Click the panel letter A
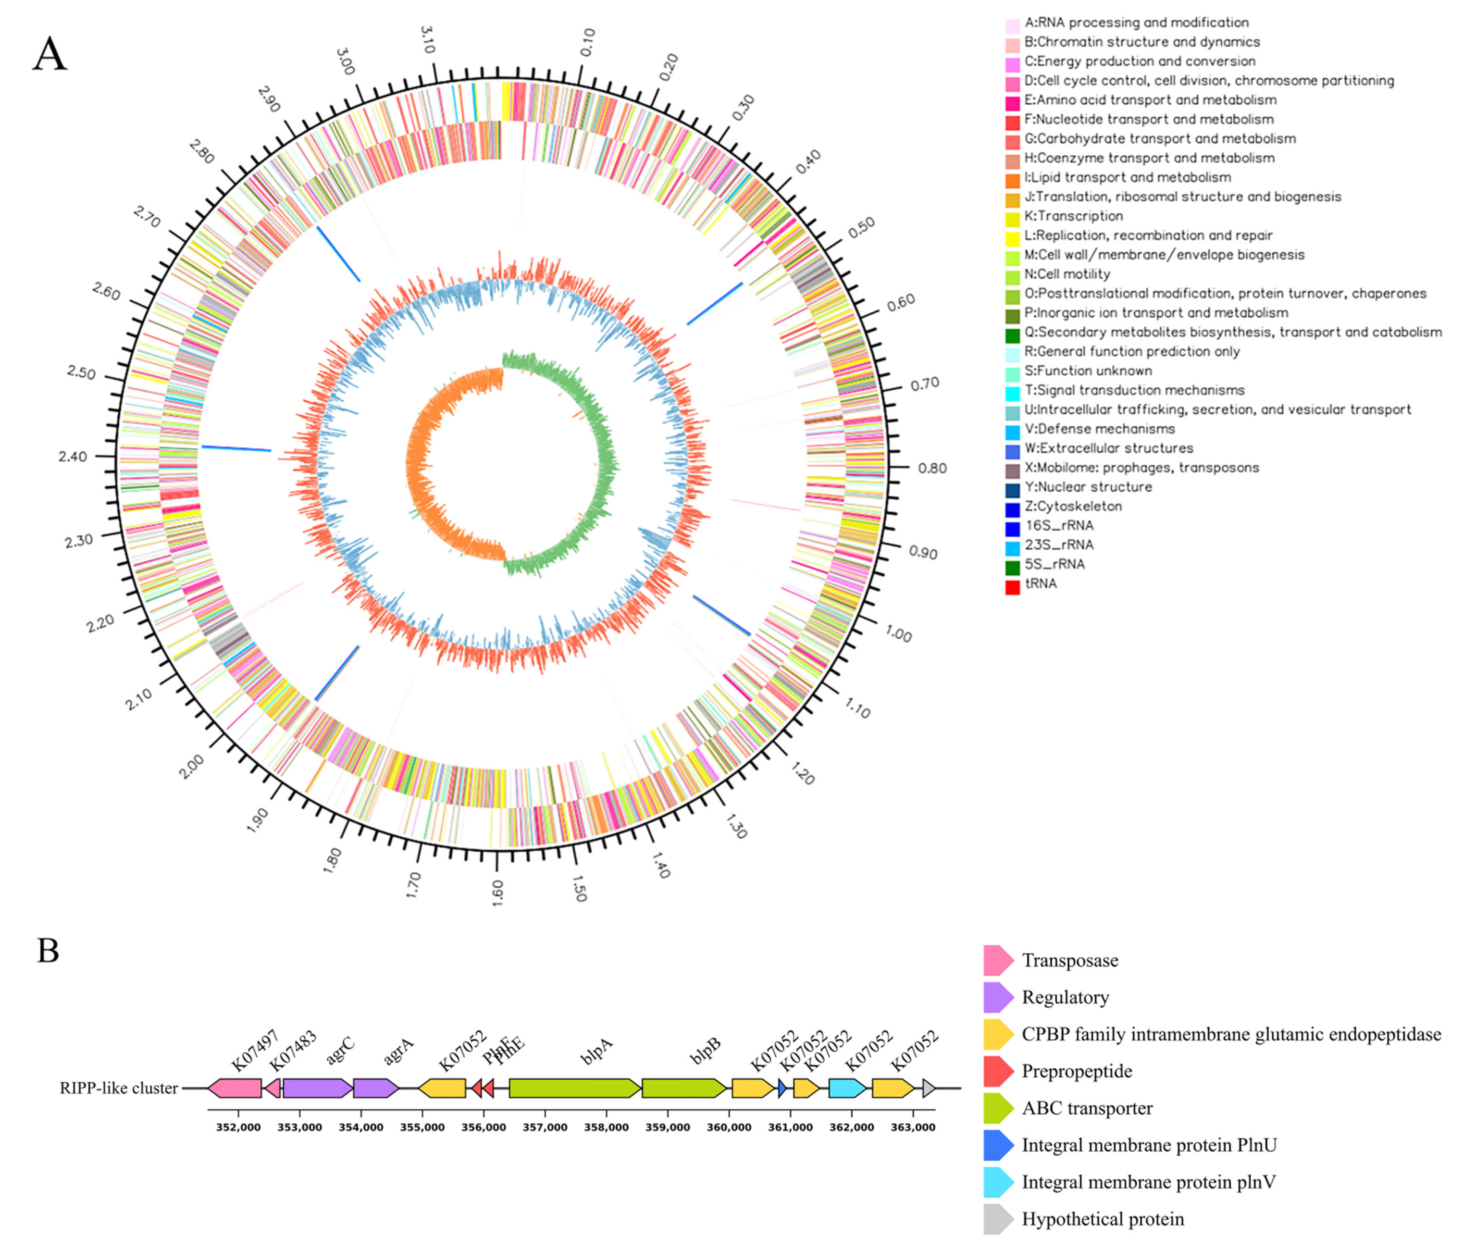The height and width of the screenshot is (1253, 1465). [50, 54]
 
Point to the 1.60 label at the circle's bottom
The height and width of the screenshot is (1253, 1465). [497, 893]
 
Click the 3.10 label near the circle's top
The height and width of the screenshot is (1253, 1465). [427, 40]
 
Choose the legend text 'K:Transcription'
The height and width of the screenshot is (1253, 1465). [1073, 216]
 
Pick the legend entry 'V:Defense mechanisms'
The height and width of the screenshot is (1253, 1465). [1099, 429]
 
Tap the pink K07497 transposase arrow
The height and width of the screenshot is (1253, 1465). [235, 1088]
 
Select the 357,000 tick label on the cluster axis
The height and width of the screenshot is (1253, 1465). [545, 1127]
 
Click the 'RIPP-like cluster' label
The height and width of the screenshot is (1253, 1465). [119, 1088]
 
